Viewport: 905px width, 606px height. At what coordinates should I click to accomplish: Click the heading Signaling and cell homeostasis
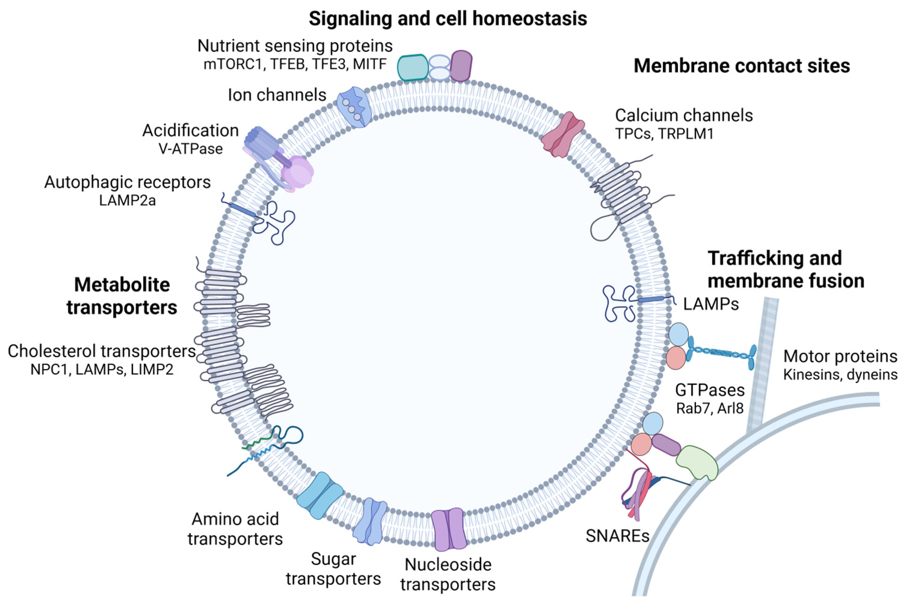448,18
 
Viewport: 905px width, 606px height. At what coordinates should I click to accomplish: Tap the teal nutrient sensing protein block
412,67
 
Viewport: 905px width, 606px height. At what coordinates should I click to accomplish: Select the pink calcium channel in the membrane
562,135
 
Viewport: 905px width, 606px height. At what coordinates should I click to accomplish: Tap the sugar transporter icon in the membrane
370,521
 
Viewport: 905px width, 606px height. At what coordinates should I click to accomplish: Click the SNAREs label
617,536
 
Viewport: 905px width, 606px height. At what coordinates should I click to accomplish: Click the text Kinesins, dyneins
840,375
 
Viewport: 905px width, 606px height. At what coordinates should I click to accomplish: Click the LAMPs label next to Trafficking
711,304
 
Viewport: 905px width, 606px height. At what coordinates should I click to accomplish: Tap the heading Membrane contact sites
741,66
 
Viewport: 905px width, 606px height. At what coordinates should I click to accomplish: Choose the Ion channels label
277,95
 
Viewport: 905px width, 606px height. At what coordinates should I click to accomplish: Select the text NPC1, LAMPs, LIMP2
102,370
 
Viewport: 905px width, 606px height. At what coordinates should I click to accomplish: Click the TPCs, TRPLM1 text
664,134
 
